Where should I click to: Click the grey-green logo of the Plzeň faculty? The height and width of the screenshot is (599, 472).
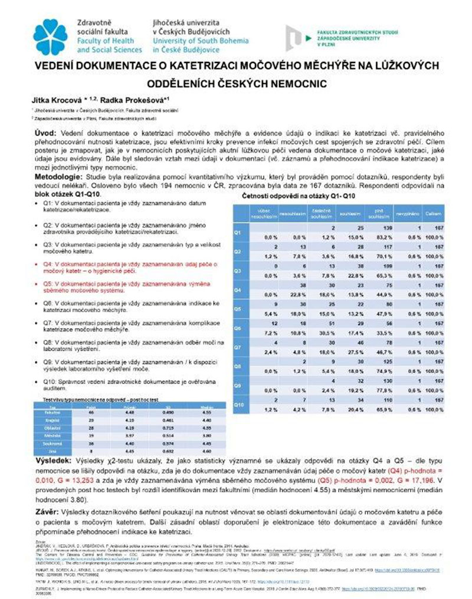(296, 36)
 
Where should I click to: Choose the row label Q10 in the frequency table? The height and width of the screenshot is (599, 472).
(238, 405)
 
